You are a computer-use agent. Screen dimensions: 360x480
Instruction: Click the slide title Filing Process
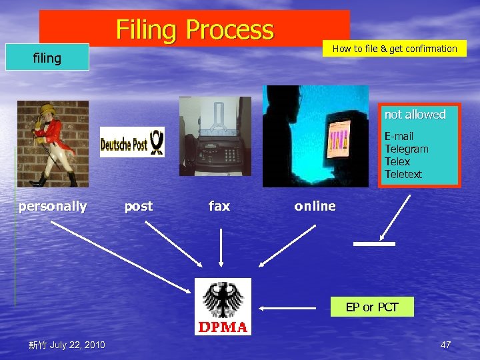195,30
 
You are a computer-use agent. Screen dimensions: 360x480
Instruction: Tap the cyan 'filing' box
47,58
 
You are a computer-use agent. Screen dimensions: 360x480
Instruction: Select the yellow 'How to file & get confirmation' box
395,49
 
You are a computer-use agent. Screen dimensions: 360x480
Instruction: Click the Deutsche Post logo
132,142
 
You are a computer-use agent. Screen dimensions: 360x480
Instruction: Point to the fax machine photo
215,137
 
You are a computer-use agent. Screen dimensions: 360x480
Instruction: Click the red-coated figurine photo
52,143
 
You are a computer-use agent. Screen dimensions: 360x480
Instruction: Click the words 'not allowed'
415,115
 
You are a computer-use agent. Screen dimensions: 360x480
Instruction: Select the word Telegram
406,149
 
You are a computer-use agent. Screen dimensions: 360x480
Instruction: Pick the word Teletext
403,175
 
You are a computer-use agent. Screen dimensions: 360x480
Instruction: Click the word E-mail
399,136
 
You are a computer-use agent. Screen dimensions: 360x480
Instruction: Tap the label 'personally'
53,207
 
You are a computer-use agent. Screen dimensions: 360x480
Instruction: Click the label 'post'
139,207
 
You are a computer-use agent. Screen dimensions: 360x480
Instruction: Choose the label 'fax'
219,207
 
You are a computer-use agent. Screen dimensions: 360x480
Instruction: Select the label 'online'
315,207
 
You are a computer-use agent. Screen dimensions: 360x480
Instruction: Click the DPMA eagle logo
223,306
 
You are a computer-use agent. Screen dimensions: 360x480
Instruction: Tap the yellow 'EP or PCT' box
372,307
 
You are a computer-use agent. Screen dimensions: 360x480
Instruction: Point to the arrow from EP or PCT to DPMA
287,309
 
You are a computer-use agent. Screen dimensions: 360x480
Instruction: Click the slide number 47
446,345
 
